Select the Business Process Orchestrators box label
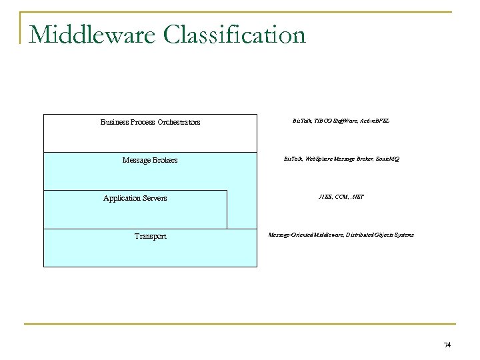[150, 122]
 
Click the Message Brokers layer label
[150, 160]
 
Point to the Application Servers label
[135, 198]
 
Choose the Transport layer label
[150, 236]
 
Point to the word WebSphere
[319, 159]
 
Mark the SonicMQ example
[387, 159]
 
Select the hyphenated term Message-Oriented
[289, 235]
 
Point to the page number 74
[447, 345]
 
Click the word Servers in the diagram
[153, 198]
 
